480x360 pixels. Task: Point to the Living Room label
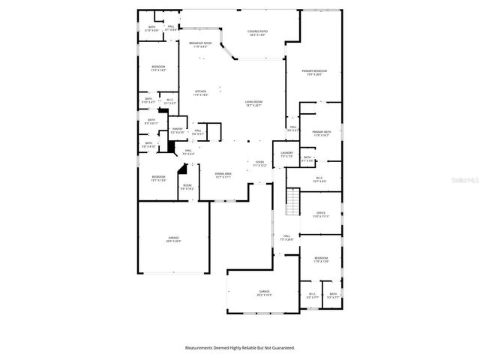click(253, 103)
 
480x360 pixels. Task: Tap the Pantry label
click(178, 130)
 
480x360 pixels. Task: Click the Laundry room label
click(286, 154)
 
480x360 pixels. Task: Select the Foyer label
click(259, 163)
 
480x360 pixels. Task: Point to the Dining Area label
click(223, 175)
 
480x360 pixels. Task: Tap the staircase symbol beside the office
click(294, 202)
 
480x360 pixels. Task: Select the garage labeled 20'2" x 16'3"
click(264, 292)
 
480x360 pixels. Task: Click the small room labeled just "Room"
click(187, 187)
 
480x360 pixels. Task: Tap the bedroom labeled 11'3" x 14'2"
click(157, 69)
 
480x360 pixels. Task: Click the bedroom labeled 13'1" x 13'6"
click(158, 179)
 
